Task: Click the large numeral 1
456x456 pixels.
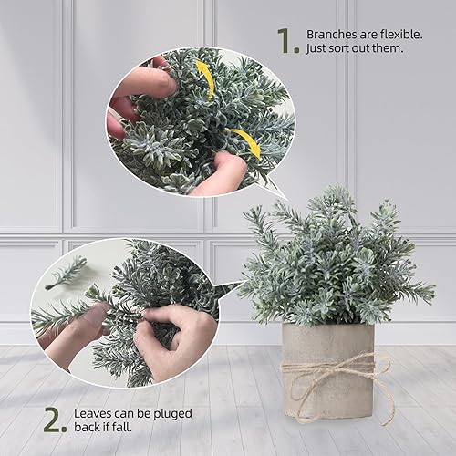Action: pyautogui.click(x=287, y=40)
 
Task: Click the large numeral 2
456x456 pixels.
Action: pyautogui.click(x=55, y=419)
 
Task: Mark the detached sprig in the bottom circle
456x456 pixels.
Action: pyautogui.click(x=64, y=272)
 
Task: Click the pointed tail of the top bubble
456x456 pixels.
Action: pyautogui.click(x=274, y=187)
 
